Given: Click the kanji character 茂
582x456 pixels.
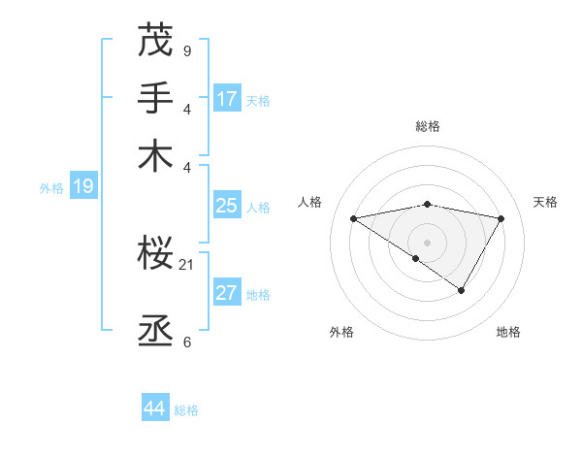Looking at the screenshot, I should click(x=155, y=41).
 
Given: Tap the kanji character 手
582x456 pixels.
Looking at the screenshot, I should click(x=155, y=98).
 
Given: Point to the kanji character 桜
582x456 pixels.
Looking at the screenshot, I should click(x=155, y=255).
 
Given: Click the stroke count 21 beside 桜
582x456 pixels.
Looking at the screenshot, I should click(x=187, y=265).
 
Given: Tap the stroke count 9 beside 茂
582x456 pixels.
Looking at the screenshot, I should click(x=186, y=51).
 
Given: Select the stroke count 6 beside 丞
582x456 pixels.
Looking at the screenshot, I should click(x=186, y=342).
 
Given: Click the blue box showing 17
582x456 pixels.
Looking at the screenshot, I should click(x=227, y=99).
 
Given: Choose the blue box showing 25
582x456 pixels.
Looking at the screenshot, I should click(x=227, y=206).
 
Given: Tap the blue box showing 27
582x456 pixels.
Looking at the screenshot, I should click(x=227, y=294).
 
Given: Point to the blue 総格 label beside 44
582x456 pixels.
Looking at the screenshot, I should click(x=186, y=410).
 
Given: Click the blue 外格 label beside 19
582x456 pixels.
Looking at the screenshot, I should click(x=51, y=188).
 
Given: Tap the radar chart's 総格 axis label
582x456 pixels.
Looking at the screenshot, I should click(x=427, y=126).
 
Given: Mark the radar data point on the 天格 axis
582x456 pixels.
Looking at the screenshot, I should click(x=501, y=218).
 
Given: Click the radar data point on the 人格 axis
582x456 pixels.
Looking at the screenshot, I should click(x=353, y=218).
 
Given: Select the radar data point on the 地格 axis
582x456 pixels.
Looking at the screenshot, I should click(x=462, y=289).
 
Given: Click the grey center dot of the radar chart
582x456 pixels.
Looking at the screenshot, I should click(x=427, y=242).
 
